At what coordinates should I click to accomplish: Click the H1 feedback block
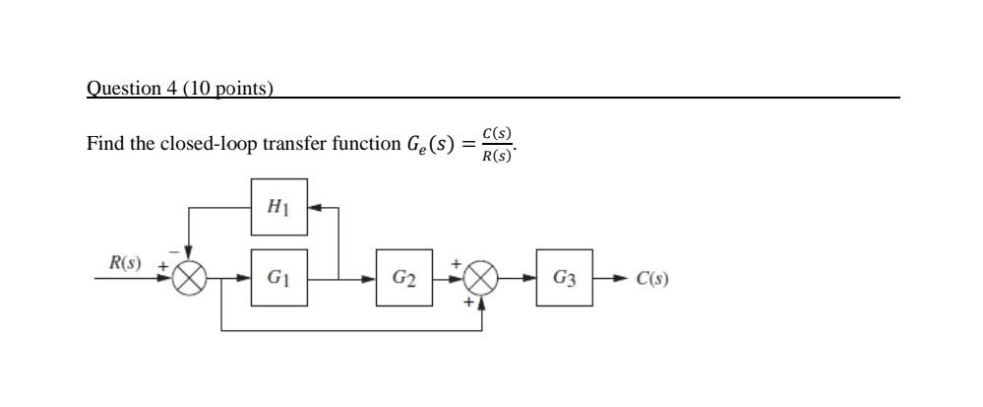[x=278, y=207]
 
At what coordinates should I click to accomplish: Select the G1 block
[x=278, y=278]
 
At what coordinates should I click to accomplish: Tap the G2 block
[x=403, y=278]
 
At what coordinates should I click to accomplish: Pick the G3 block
[x=564, y=278]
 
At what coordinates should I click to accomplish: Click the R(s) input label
[x=125, y=263]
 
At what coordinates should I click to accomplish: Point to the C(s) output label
[x=652, y=279]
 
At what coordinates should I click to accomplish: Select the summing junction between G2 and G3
[x=481, y=279]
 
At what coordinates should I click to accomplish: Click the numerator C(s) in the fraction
[x=497, y=133]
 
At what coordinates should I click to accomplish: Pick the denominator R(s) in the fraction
[x=497, y=156]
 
